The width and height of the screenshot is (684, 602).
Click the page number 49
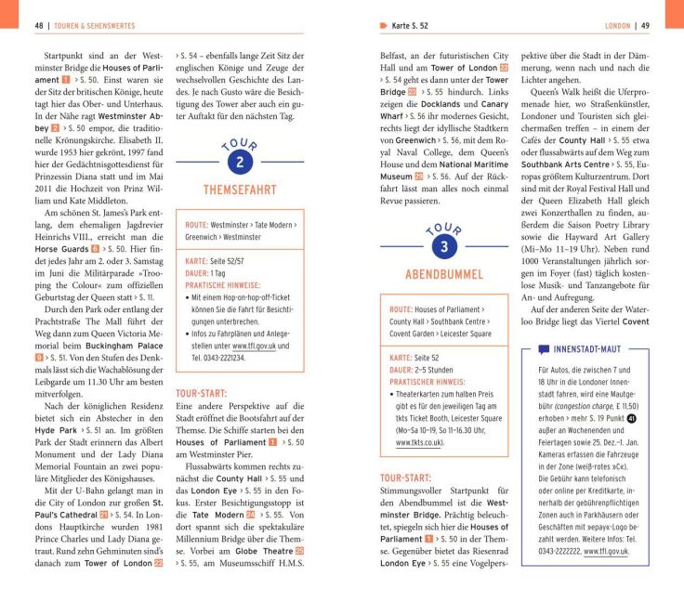(645, 25)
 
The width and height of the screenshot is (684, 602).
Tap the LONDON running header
(617, 25)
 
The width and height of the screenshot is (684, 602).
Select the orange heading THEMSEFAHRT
(240, 190)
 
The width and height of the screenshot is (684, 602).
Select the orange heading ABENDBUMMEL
(443, 274)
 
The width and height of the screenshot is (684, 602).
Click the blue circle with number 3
(444, 246)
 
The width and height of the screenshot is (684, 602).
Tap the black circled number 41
(632, 418)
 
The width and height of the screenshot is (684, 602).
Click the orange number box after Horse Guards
(95, 251)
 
